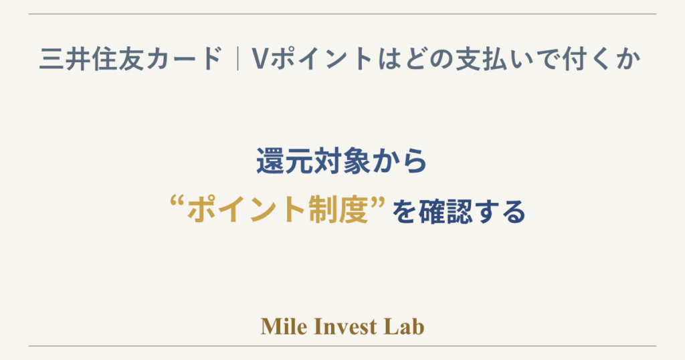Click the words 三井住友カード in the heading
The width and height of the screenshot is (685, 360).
tap(130, 58)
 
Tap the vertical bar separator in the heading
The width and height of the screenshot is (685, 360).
tap(237, 58)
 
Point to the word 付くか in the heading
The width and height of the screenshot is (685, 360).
tap(601, 58)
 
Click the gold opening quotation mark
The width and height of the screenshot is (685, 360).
tap(176, 202)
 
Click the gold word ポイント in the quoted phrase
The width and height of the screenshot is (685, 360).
tap(246, 211)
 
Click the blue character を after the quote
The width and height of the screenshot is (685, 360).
tap(403, 211)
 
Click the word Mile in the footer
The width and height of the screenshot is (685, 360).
tap(284, 327)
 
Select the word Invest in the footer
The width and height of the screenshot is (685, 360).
tap(346, 327)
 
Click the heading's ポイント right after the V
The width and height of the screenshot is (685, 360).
tap(322, 58)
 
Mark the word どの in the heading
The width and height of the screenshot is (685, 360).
tap(428, 58)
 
